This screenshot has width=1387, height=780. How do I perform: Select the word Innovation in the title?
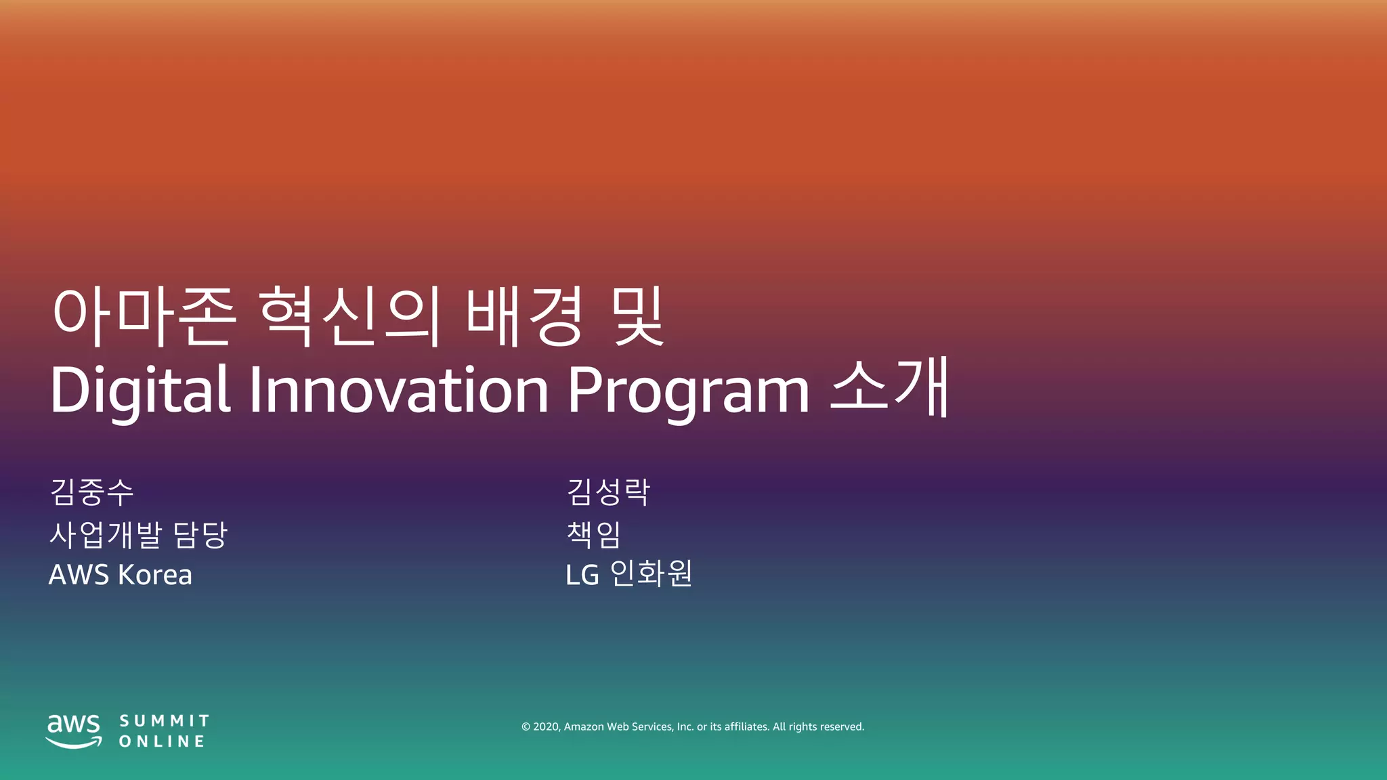point(398,390)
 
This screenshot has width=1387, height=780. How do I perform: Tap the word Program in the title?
point(687,391)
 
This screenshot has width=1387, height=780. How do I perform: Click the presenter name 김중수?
point(92,492)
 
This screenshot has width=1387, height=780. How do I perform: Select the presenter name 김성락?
point(608,492)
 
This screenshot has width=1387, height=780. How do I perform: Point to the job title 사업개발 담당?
point(138,535)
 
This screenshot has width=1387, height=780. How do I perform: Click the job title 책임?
point(593,534)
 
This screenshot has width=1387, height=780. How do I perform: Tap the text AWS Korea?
point(121,575)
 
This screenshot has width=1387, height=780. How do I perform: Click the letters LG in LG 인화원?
point(582,576)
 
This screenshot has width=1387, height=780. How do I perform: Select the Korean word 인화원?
point(651,573)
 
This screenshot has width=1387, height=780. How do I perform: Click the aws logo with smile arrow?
point(73,731)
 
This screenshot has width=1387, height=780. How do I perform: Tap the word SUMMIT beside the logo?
point(165,720)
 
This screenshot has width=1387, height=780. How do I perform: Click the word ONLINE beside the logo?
point(162,741)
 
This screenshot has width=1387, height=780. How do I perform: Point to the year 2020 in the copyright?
point(546,727)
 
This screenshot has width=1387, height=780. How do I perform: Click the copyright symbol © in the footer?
point(526,727)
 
